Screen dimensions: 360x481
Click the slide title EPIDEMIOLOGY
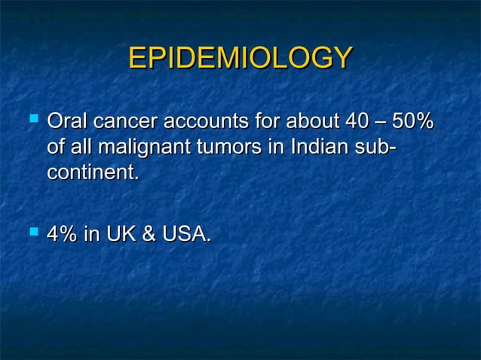coord(240,58)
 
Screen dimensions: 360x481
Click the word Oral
coord(66,121)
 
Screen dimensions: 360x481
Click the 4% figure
coord(63,235)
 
